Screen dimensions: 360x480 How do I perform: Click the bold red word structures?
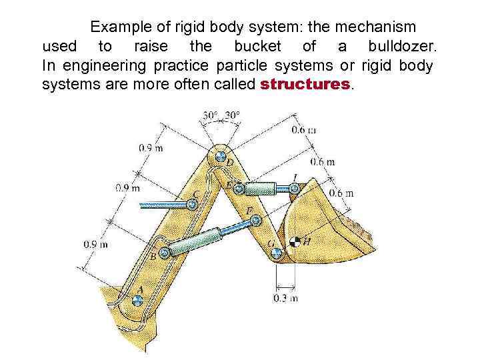coord(305,85)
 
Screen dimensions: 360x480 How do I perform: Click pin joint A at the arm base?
coord(137,300)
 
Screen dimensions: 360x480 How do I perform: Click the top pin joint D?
coord(220,157)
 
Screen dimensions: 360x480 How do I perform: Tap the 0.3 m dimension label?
coord(285,298)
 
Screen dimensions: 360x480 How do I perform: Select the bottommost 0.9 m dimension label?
coord(95,245)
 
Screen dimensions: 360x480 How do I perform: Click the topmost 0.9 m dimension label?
coord(151,148)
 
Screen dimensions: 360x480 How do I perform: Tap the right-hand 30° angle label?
coord(232,115)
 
